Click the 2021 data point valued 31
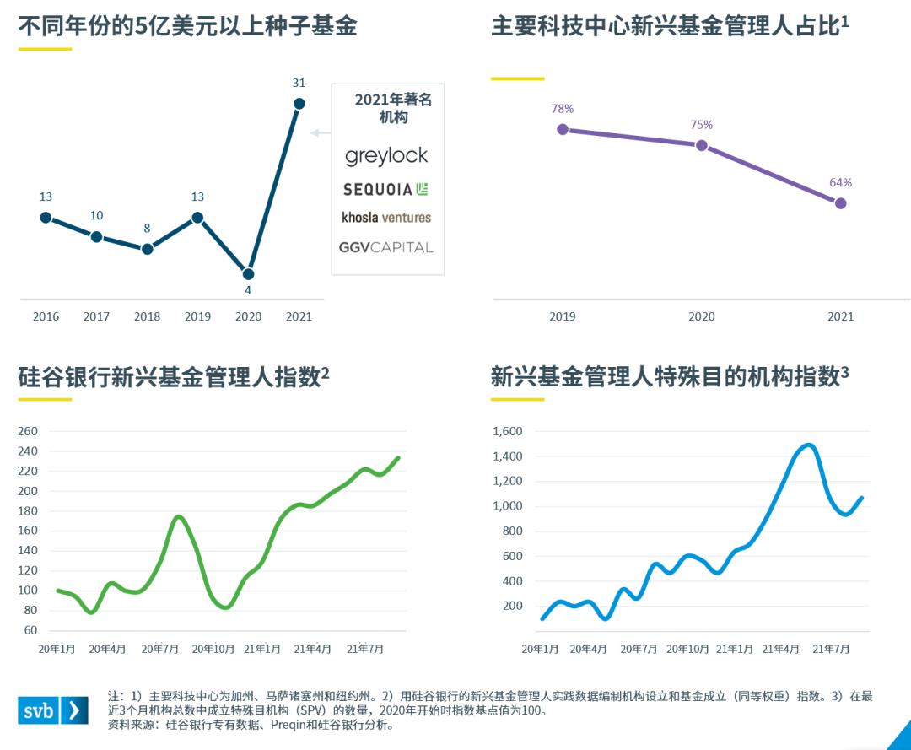point(299,104)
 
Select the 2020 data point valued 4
point(248,274)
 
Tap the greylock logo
point(386,156)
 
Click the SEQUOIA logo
point(386,189)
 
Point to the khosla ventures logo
point(386,218)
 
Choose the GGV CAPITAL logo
point(386,247)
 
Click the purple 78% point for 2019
point(563,129)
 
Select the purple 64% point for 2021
point(840,203)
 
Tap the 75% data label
point(702,125)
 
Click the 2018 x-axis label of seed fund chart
point(147,317)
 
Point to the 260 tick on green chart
point(28,431)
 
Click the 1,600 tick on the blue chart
point(507,431)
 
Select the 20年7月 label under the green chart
point(159,649)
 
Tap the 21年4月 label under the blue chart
point(780,649)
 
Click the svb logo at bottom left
point(52,710)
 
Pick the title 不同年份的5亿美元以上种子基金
point(187,26)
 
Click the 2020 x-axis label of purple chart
point(702,317)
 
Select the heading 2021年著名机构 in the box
point(393,108)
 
